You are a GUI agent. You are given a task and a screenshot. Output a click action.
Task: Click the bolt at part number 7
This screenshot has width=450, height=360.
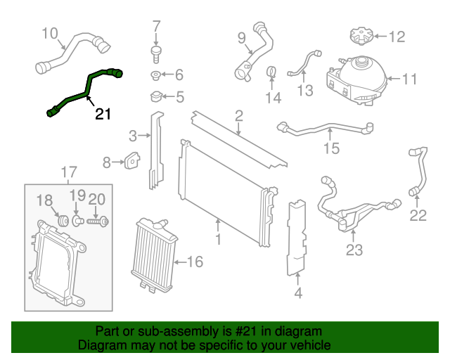click(x=156, y=50)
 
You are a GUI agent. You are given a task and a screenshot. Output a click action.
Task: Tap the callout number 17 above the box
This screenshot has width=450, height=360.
click(x=67, y=171)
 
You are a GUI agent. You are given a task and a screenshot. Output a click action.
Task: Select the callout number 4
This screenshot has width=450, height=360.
click(x=298, y=294)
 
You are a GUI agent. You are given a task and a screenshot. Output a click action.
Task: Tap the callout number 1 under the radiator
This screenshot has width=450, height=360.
click(x=219, y=240)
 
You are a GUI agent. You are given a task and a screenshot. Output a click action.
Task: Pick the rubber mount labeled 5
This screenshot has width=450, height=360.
click(x=155, y=96)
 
